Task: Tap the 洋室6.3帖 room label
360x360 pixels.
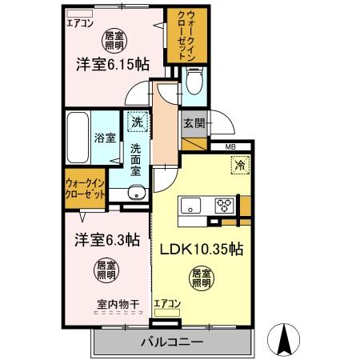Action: [x=107, y=238]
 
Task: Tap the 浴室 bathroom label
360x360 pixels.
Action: [x=103, y=138]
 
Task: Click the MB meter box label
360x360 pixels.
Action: [x=230, y=146]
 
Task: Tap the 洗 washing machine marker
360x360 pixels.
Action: [x=137, y=122]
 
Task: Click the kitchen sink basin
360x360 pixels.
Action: [x=191, y=205]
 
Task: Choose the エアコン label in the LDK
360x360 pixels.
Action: [x=167, y=302]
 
